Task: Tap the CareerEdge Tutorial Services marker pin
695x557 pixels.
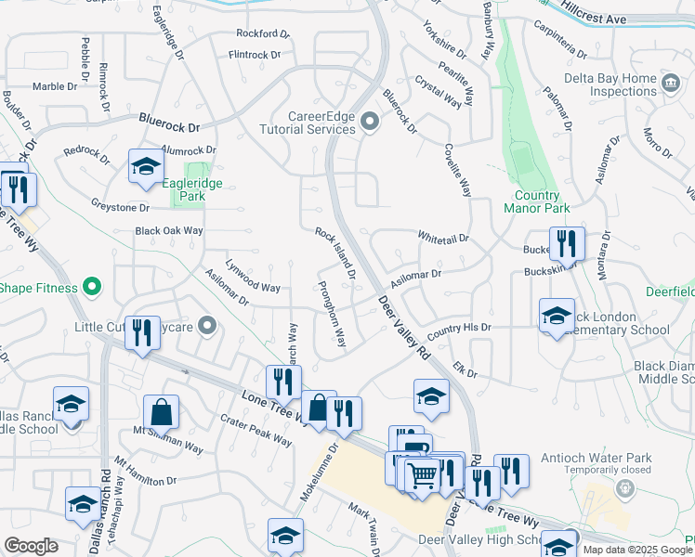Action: (369, 122)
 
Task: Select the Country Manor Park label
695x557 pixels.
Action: (538, 202)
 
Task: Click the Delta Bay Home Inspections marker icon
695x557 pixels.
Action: (669, 84)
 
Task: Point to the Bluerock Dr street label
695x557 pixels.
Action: (170, 122)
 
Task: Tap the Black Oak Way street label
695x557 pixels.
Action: (168, 230)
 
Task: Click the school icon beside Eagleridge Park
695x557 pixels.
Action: (146, 167)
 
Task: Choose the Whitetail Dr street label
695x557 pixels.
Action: (444, 238)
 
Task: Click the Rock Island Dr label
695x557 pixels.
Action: (335, 253)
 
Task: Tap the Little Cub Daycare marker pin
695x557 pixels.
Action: (207, 326)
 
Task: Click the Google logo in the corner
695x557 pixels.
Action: (32, 545)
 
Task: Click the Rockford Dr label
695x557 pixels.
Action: (264, 33)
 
